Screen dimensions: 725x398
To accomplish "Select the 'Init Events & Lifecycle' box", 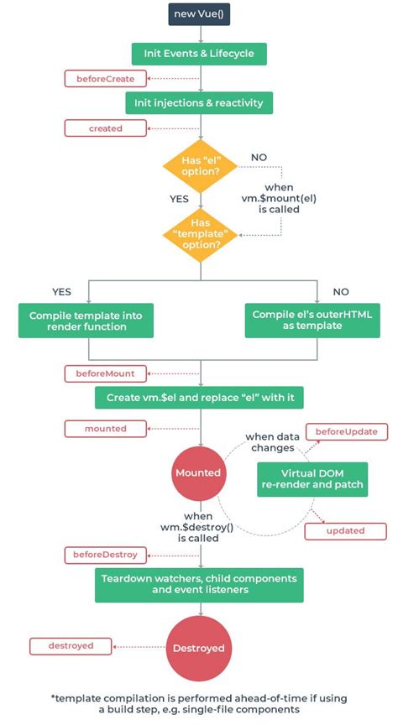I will click(x=199, y=54).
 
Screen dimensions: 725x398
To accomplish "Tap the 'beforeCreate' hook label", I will click(x=106, y=79).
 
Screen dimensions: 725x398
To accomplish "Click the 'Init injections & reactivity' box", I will click(x=199, y=103).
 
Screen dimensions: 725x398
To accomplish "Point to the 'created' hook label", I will click(x=106, y=128).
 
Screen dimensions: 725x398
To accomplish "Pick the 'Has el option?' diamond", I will click(x=199, y=164).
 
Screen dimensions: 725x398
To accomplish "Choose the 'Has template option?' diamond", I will click(x=199, y=236).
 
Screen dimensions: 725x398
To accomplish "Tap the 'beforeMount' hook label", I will click(x=106, y=372).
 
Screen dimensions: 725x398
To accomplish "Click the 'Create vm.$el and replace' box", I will click(x=199, y=397).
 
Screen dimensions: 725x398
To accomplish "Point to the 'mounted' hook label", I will click(x=106, y=429).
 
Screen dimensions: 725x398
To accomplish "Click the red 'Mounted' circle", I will click(x=197, y=472).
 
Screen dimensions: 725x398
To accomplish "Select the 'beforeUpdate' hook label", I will click(x=346, y=432).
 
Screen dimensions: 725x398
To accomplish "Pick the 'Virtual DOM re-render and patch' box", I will click(x=312, y=478).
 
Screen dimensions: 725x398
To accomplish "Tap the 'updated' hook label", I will click(x=345, y=531).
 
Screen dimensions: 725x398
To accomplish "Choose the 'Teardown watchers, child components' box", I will click(x=199, y=585).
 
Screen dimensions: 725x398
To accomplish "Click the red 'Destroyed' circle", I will click(x=197, y=648).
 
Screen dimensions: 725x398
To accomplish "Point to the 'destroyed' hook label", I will click(x=71, y=646).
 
